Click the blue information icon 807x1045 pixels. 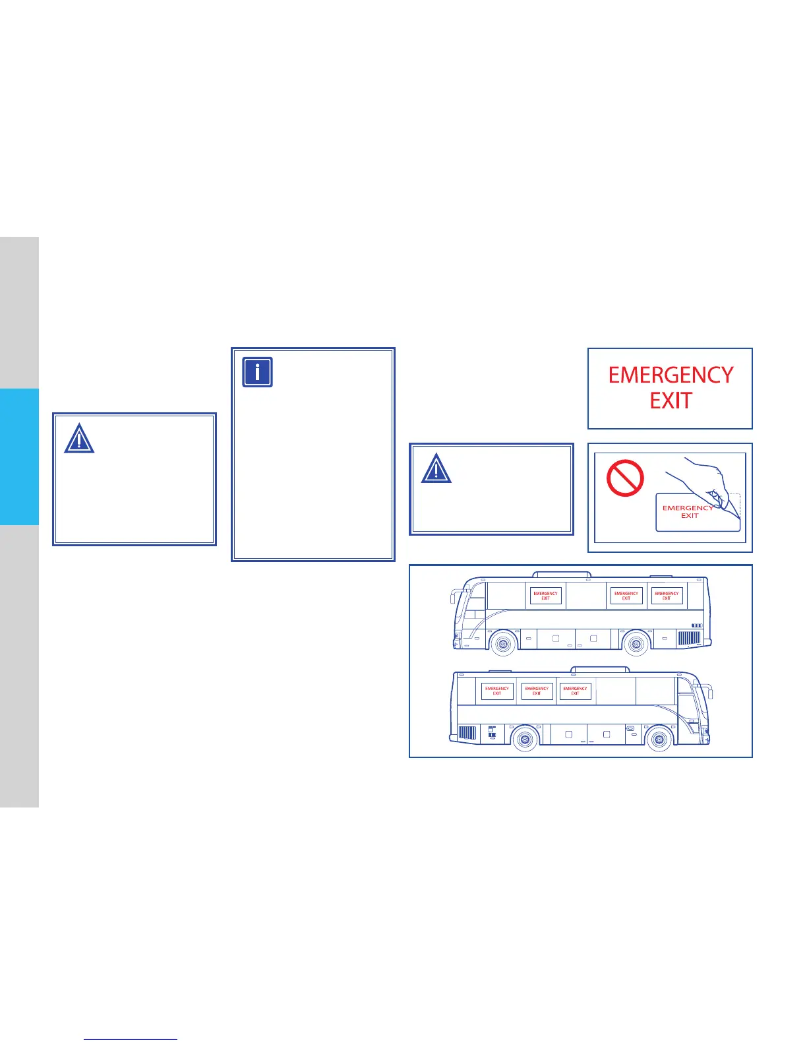257,372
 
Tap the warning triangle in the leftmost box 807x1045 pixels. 79,439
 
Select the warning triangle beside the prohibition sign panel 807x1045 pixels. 436,468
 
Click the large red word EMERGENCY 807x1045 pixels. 671,375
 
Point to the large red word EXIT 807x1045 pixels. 671,401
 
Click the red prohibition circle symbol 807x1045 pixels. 624,478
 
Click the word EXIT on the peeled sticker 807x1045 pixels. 690,516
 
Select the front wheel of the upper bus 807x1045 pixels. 503,643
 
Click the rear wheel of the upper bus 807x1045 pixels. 636,643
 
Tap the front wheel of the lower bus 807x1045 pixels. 659,739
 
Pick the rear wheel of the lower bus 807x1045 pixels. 525,739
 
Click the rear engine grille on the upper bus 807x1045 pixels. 689,638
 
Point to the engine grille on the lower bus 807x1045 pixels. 467,733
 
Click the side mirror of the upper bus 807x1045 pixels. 454,598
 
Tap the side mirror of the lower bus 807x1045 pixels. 709,692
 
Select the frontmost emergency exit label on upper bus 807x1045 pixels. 545,596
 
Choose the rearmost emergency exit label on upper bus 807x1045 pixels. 666,596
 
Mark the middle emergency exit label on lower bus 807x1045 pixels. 537,691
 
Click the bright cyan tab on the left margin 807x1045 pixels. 19,457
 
